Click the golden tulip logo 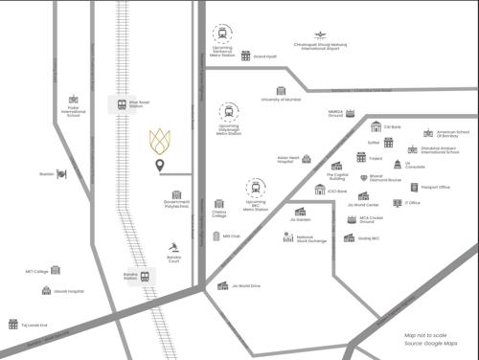160,141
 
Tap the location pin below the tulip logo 160,169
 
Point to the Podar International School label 74,113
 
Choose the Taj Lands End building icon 13,325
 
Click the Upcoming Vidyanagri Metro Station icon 228,113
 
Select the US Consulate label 415,166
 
